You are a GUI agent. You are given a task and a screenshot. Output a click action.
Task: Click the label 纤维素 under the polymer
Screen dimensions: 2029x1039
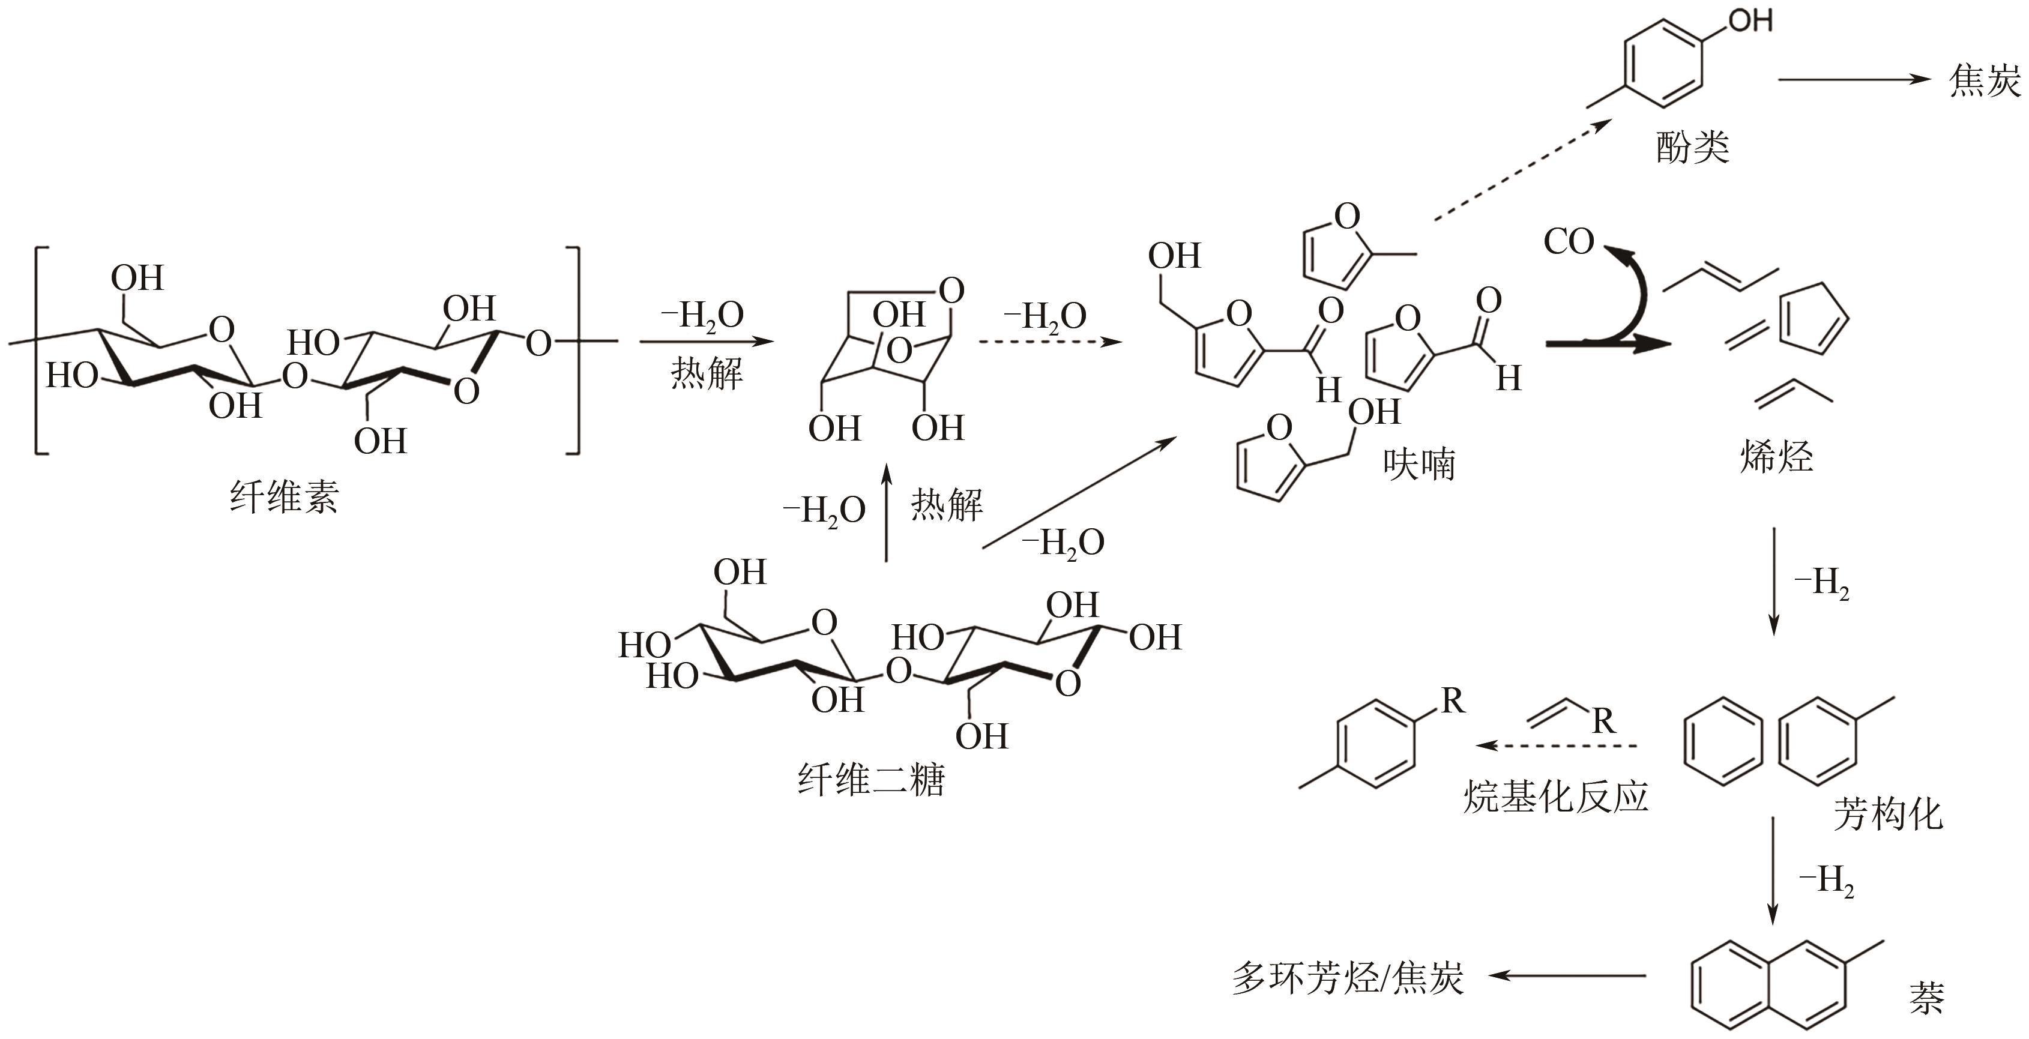(285, 498)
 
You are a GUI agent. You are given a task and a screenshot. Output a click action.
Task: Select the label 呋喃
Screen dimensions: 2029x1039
(1419, 464)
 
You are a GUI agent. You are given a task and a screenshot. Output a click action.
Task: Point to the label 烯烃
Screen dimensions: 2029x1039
(1776, 456)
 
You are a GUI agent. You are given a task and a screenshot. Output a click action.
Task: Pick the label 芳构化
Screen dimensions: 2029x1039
(1888, 814)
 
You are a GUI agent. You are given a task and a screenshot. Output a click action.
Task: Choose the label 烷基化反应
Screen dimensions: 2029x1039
(1555, 797)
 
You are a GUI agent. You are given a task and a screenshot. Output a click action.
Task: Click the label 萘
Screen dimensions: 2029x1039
(1926, 997)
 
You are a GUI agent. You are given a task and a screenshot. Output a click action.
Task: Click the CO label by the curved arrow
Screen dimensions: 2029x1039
(1568, 242)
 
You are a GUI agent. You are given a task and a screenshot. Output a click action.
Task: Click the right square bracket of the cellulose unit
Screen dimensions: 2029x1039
(573, 351)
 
